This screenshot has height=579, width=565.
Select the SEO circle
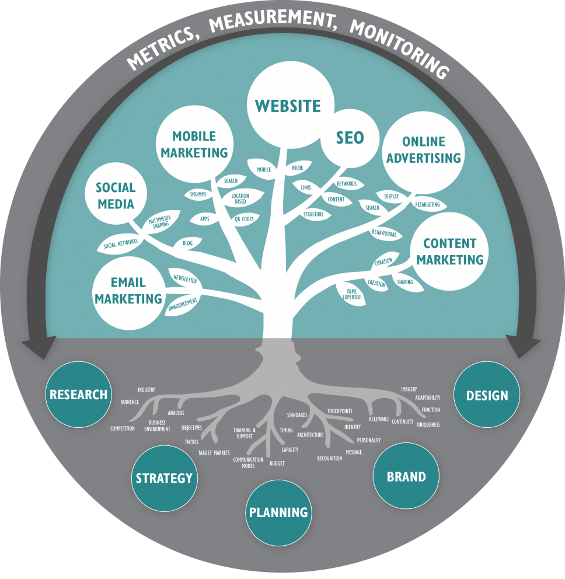[x=350, y=138]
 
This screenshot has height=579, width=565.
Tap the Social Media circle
[x=116, y=194]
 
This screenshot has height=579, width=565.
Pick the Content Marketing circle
[x=449, y=251]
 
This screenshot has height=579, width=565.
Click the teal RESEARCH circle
[x=78, y=395]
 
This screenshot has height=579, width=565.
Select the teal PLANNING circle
[x=278, y=512]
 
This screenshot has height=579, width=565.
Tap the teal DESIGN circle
[x=487, y=395]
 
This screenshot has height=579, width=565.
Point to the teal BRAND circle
[x=406, y=476]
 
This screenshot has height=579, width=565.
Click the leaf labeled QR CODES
[x=244, y=219]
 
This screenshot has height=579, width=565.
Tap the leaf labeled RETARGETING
[x=428, y=204]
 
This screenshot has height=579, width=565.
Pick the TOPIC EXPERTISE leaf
[x=351, y=294]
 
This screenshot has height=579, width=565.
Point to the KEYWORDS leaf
[x=347, y=183]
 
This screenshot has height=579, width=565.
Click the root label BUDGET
[x=277, y=463]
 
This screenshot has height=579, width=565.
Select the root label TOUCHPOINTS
[x=340, y=411]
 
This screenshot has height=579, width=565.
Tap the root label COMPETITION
[x=122, y=428]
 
